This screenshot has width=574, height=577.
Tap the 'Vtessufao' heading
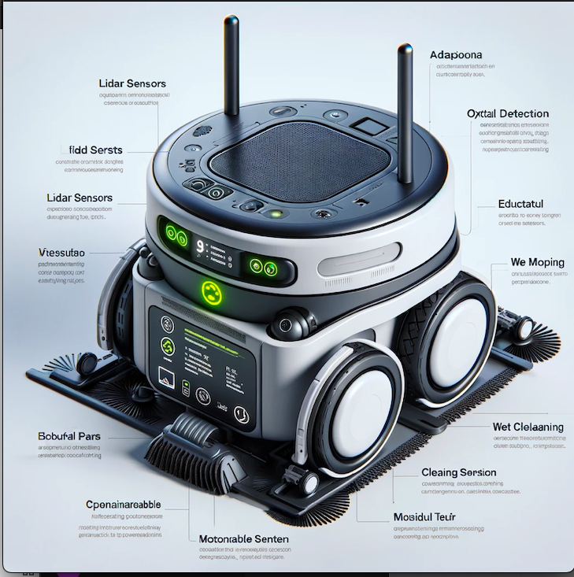(64, 253)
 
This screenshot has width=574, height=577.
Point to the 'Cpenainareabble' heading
(124, 504)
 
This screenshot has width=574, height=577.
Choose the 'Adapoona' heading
(457, 55)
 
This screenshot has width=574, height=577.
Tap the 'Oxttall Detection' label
(507, 113)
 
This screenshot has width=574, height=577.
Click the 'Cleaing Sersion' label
(459, 472)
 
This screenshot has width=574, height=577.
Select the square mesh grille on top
(303, 161)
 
